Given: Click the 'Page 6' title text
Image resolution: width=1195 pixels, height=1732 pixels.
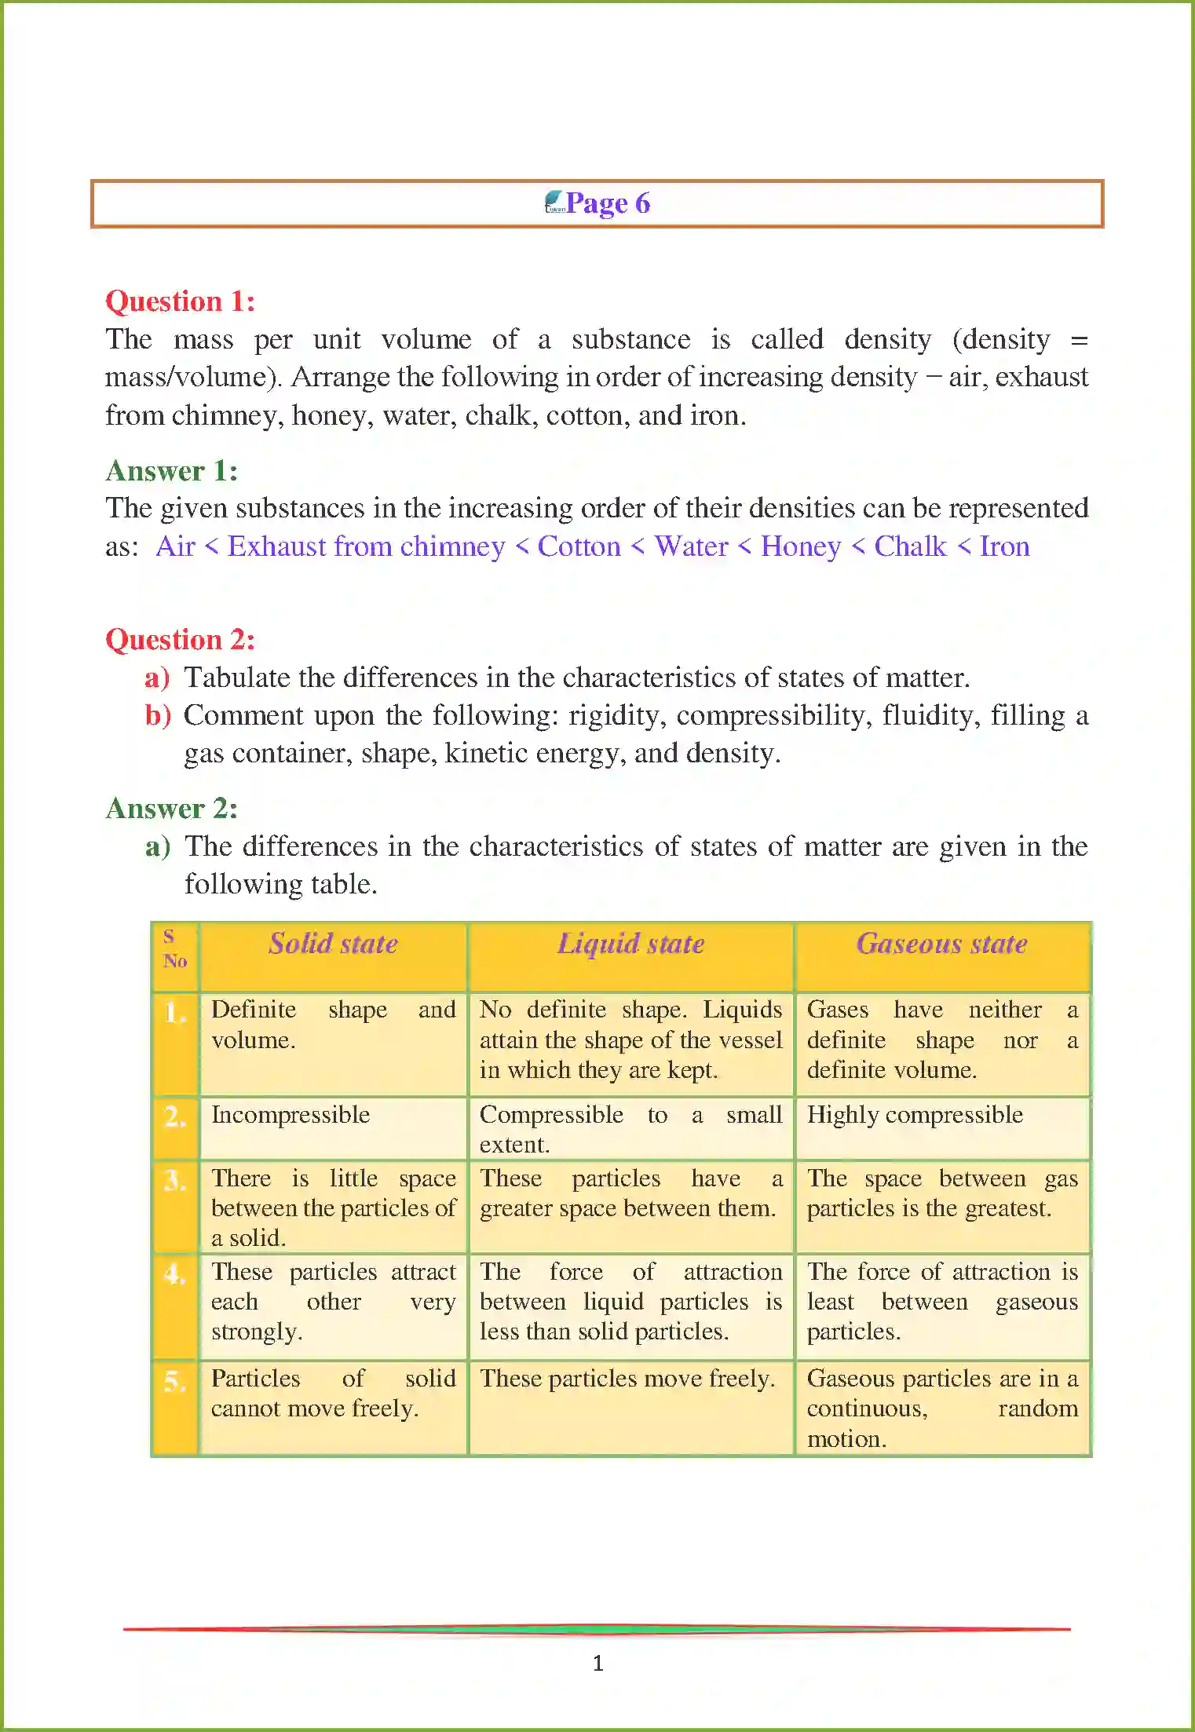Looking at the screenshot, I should (x=608, y=203).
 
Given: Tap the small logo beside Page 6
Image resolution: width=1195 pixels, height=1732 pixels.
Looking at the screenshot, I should (x=554, y=203).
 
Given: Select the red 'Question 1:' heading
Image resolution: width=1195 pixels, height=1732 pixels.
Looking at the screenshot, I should (x=180, y=301).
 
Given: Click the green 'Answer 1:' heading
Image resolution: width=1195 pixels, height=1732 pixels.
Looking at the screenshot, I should (x=171, y=471).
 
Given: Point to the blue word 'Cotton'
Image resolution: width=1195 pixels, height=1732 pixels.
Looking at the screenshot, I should (x=579, y=546).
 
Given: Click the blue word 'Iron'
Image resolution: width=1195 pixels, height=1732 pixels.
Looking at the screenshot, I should (x=1004, y=546).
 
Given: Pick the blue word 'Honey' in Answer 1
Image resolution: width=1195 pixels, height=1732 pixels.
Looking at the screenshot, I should (x=800, y=546).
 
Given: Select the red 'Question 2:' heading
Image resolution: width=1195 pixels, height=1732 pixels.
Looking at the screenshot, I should (x=180, y=640).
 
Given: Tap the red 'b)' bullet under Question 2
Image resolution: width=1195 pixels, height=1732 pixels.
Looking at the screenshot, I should (x=157, y=715).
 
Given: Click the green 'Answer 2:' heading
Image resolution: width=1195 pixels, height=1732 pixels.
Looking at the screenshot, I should (x=171, y=809).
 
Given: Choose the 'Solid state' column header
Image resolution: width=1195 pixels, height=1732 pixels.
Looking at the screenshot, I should (x=333, y=944).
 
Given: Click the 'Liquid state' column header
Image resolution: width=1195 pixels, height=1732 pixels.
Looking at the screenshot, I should (x=630, y=944).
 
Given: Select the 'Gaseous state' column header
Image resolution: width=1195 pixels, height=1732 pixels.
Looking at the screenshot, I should (x=941, y=944).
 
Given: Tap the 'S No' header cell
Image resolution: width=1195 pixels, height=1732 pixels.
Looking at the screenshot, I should (x=174, y=949).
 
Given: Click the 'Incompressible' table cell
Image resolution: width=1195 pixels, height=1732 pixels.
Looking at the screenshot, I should (x=291, y=1115).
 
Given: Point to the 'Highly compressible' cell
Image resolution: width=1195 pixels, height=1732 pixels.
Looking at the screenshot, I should (x=915, y=1115).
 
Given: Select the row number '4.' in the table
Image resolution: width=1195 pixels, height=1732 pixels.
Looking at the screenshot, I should (x=174, y=1273).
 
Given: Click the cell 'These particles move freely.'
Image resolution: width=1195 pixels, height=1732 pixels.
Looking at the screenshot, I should (x=627, y=1379).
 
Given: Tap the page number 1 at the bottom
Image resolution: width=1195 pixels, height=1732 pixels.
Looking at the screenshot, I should (x=597, y=1663).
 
